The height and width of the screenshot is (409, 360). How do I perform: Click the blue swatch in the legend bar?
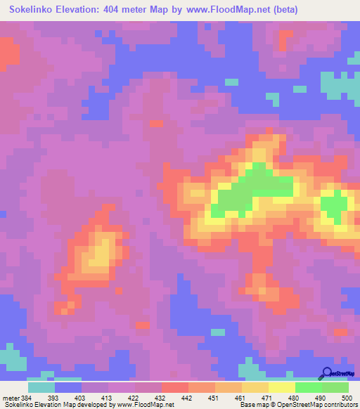click(67, 387)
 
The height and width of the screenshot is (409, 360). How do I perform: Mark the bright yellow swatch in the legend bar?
click(282, 387)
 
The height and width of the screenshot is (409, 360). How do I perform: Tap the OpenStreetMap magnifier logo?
click(326, 373)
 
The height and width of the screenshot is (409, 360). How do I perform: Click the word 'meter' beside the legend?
click(11, 398)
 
